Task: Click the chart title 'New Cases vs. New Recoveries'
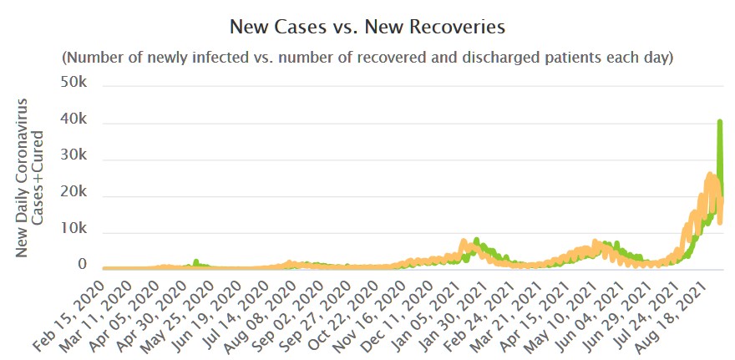point(367,28)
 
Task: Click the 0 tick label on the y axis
point(82,266)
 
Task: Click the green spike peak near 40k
point(720,122)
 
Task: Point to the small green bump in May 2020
point(195,261)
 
